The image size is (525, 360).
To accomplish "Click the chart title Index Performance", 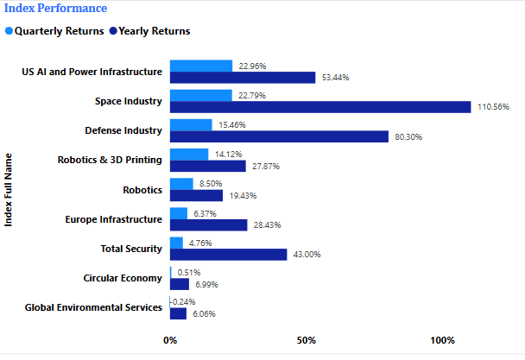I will [x=55, y=9].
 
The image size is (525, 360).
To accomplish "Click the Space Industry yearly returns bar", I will [x=320, y=107].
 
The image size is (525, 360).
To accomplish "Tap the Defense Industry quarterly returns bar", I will [x=191, y=125].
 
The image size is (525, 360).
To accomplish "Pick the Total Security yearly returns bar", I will [x=229, y=255].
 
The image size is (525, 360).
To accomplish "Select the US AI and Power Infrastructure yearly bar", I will [x=243, y=78].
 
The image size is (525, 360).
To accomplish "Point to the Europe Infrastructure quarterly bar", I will [x=179, y=213].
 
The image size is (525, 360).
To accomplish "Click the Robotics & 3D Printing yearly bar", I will [x=208, y=166].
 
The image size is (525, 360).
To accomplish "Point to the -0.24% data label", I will [x=185, y=302].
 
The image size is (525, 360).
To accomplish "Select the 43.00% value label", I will [x=309, y=255].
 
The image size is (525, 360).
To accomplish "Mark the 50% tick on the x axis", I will [x=306, y=340].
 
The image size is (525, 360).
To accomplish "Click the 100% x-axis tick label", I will [x=442, y=340].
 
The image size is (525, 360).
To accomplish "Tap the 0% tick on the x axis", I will [x=170, y=340].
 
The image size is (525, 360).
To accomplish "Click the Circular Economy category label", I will [x=123, y=278].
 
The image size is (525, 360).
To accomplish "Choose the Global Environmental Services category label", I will [x=93, y=307].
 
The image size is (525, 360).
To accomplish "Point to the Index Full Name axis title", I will [x=9, y=190].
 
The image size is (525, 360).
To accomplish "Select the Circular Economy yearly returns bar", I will [x=180, y=284].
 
